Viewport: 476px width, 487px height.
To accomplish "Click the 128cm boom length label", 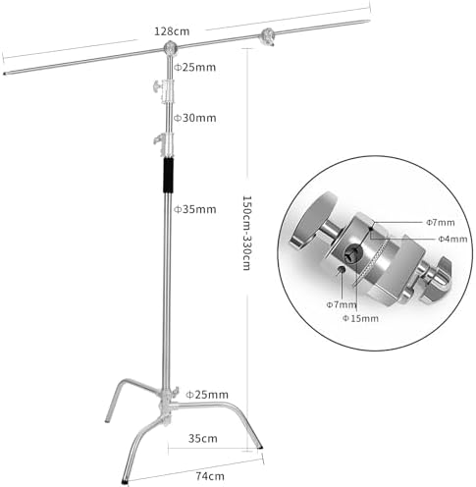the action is tap(172, 31).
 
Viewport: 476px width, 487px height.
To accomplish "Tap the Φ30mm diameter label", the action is tap(194, 118).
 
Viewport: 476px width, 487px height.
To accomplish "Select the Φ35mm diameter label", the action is tap(194, 209).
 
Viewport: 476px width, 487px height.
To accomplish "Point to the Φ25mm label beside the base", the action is tap(207, 395).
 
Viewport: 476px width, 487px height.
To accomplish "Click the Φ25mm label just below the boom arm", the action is tap(194, 68).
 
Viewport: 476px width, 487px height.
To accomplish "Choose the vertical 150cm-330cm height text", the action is tap(246, 233).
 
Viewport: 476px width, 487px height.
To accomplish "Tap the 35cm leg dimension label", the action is tap(203, 439).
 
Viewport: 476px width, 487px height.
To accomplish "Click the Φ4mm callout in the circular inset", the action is tap(452, 240).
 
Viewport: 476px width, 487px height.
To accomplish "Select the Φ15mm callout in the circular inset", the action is tap(360, 318).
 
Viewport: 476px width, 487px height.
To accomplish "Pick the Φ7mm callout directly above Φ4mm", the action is tap(441, 223).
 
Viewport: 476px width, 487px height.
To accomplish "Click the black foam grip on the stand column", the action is tap(168, 176).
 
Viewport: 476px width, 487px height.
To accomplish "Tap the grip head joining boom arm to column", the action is tap(170, 48).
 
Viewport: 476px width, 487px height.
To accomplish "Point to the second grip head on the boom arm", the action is tap(267, 36).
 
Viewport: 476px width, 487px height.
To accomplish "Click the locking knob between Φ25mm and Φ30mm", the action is tap(157, 86).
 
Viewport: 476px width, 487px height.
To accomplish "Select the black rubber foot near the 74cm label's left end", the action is tap(125, 481).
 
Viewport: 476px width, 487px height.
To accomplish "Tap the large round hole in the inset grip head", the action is tap(353, 253).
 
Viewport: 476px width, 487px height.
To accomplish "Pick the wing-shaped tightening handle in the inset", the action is tap(438, 277).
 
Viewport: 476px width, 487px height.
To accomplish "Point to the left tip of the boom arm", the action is tap(4, 74).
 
